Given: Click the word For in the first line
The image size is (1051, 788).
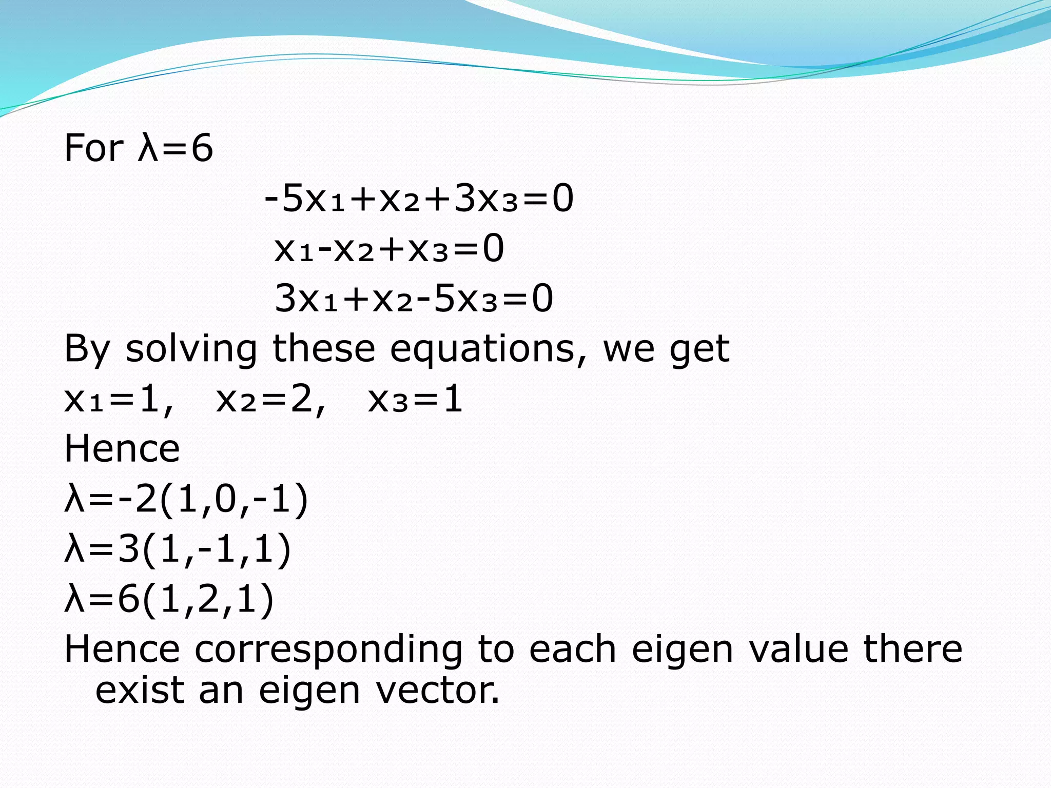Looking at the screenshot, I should coord(93,148).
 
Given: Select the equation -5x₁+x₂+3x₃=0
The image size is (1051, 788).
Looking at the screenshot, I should coord(419,199).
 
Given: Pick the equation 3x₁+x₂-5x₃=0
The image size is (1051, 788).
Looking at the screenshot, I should coord(414,299).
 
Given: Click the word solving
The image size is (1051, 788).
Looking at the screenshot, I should coord(191,349).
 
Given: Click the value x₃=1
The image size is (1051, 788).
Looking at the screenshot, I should coord(415,400).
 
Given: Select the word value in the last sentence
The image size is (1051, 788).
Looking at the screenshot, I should coord(799,649).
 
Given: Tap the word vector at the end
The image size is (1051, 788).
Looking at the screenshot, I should coord(437,691).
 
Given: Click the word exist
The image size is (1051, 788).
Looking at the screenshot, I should coord(140,691).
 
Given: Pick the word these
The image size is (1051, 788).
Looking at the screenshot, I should coord(324,348).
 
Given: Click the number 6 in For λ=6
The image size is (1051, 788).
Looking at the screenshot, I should coord(202,148).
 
